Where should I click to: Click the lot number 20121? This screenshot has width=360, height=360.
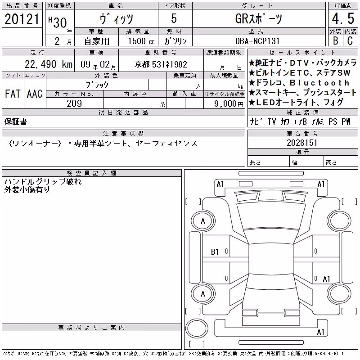tap(22, 19)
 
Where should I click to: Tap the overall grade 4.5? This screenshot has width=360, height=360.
tap(343, 18)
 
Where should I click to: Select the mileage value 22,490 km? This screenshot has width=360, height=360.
tap(49, 64)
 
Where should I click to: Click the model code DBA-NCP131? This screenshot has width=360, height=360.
tap(257, 41)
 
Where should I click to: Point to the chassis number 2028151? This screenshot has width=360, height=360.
tap(302, 143)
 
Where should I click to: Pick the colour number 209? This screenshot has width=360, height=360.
tap(74, 103)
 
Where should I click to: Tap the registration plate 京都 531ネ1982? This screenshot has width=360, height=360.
tap(161, 64)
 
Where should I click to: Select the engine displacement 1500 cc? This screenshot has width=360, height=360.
tap(141, 41)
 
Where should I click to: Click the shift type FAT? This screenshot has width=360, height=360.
tap(13, 94)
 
